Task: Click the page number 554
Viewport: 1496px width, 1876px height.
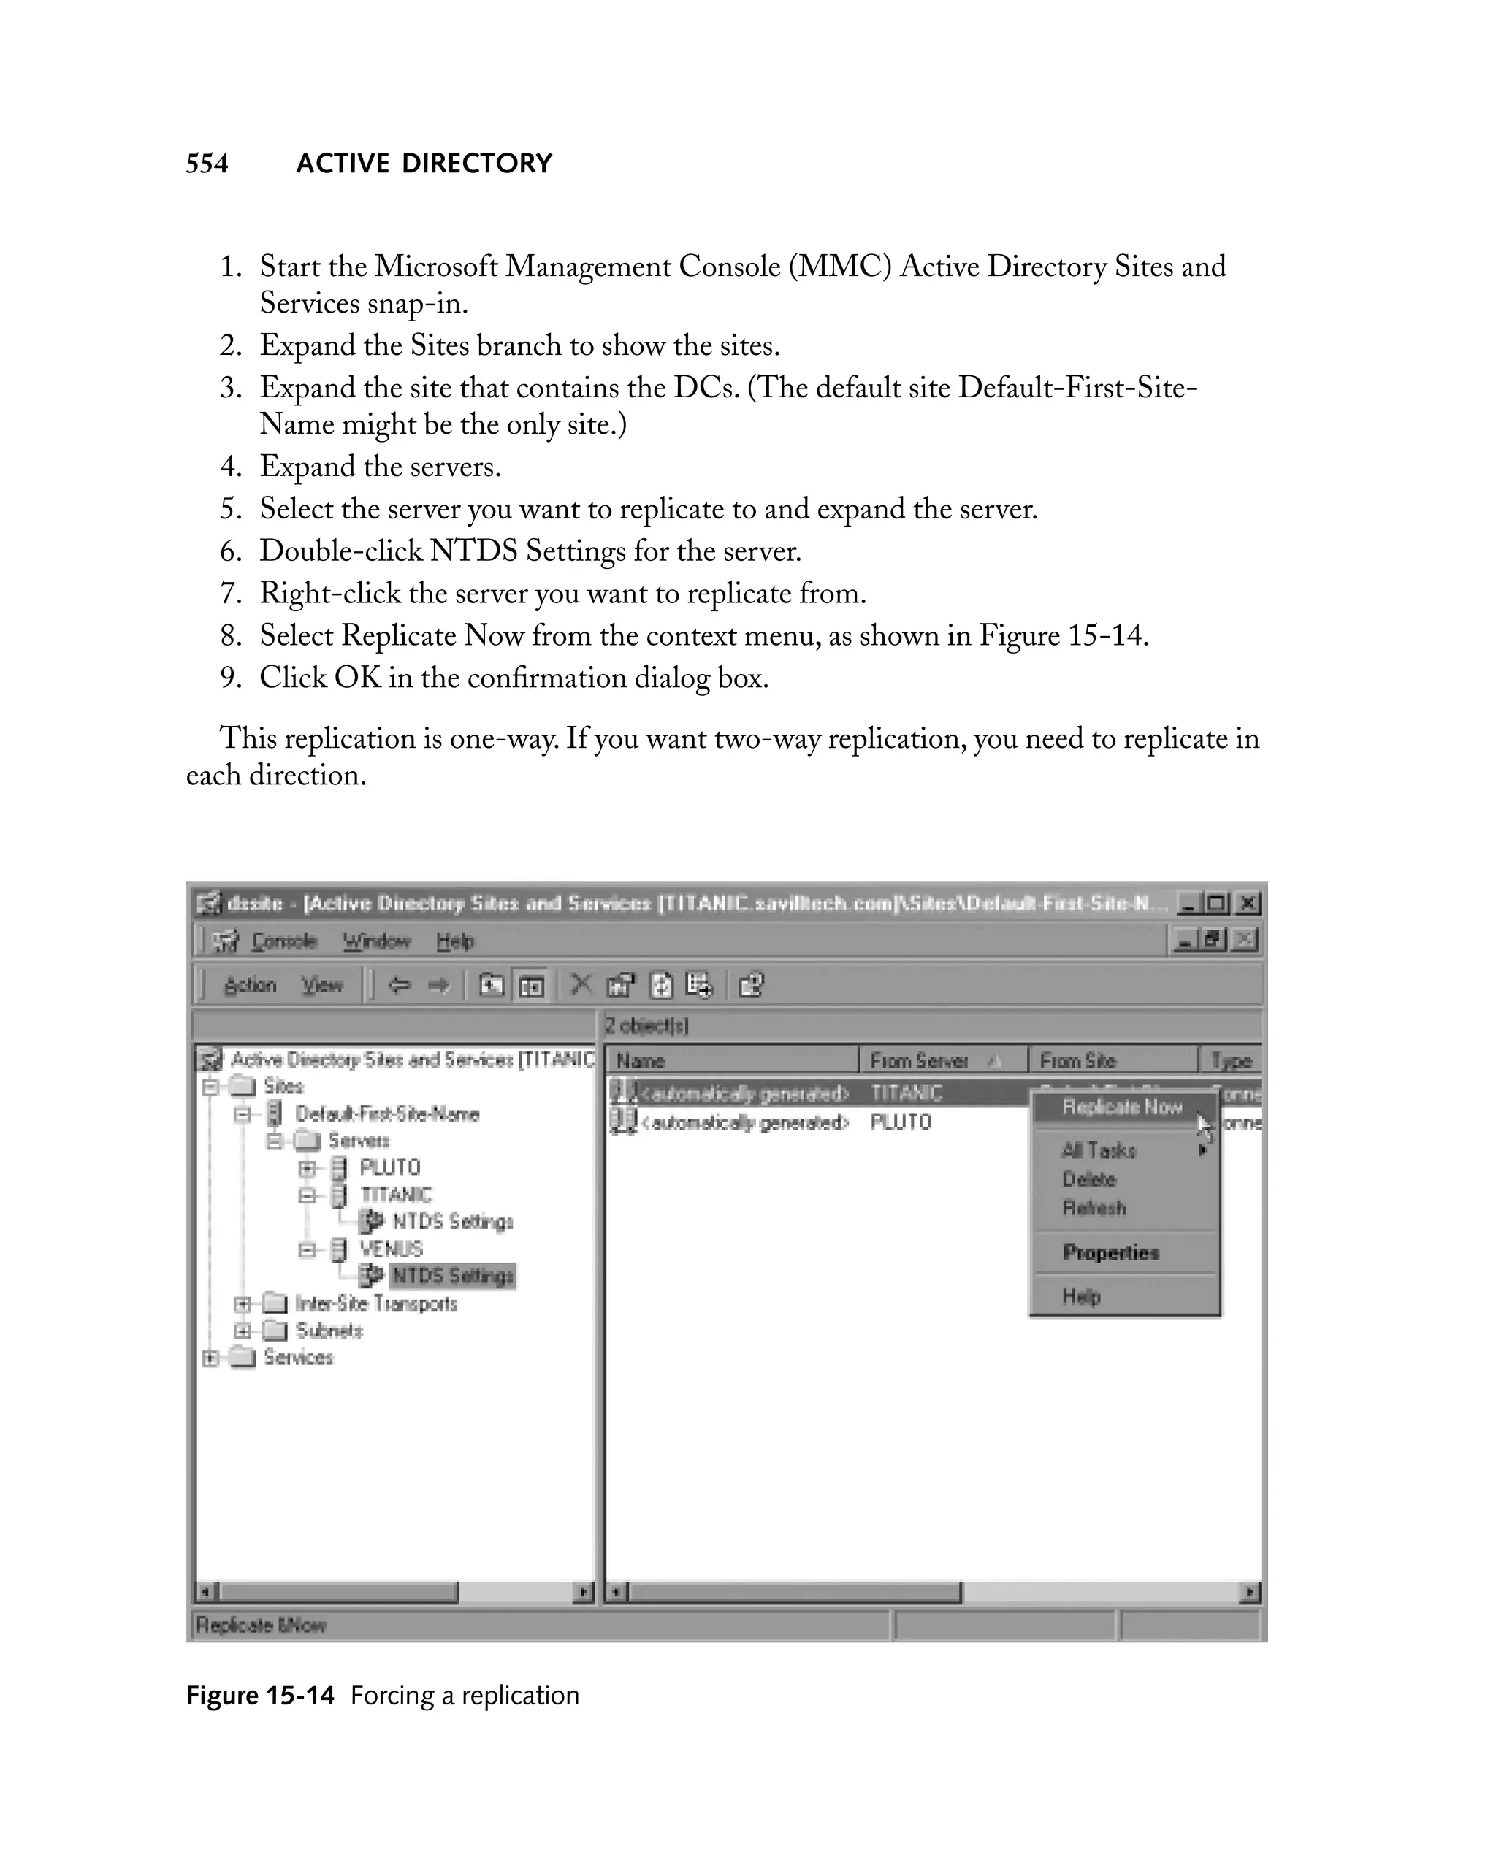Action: tap(207, 164)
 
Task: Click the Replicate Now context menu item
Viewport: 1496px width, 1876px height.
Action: tap(1121, 1107)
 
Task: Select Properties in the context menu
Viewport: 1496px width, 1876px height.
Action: tap(1110, 1252)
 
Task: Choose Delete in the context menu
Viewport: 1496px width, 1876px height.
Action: tap(1088, 1179)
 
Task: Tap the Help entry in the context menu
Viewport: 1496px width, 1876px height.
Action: tap(1081, 1296)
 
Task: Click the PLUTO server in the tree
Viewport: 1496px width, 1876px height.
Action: tap(389, 1168)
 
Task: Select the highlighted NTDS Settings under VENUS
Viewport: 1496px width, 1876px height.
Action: tap(453, 1276)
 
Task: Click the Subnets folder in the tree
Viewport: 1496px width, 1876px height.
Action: tap(328, 1331)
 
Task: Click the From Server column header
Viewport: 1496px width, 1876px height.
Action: tap(919, 1061)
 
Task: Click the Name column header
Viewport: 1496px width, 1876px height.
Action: tap(641, 1061)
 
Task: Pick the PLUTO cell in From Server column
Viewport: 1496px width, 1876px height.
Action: tap(901, 1122)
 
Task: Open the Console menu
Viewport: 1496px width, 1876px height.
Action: tap(283, 941)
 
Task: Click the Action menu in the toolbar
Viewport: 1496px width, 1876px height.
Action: tap(250, 985)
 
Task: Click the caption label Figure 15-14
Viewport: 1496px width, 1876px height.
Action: tap(260, 1696)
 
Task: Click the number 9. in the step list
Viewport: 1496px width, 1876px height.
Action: tap(231, 678)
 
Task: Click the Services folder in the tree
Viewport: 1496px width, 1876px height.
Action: tap(297, 1358)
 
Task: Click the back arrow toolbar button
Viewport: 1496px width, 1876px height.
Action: tap(400, 985)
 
